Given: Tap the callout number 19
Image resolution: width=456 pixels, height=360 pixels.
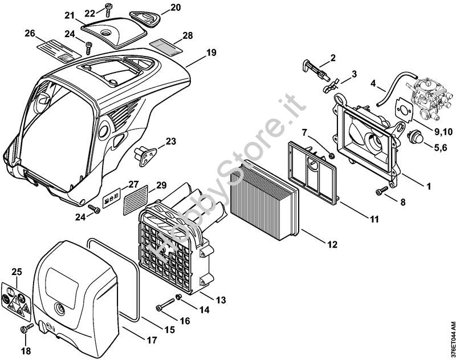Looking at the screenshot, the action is pos(211,52).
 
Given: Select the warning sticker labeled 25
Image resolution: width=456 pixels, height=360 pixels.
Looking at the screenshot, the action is pos(16,300).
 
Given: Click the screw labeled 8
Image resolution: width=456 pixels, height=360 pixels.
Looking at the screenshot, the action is pos(382,191).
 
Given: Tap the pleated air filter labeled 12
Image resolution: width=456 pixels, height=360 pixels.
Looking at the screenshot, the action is pos(264,200).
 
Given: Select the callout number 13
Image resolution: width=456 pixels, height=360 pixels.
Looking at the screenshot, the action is pos(221,300).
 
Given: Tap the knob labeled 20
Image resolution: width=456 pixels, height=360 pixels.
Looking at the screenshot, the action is pos(145,18).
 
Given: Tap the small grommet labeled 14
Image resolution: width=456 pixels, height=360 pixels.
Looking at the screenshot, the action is pos(178,296).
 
